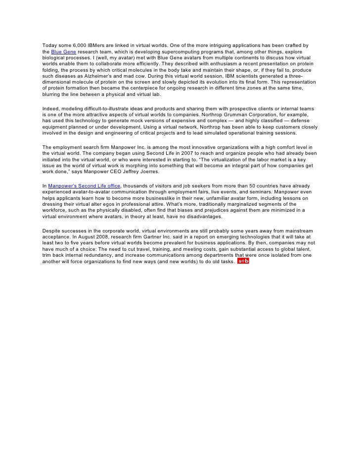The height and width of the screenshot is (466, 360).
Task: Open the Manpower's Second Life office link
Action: (x=84, y=186)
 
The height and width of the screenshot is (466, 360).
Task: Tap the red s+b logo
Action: (x=243, y=261)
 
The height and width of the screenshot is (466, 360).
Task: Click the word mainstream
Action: (x=298, y=231)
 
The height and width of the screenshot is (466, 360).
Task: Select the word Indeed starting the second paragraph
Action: (x=51, y=109)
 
